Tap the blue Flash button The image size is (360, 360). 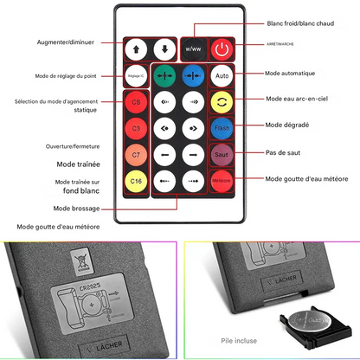[222, 129]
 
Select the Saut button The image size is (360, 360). [222, 155]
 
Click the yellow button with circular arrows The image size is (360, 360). [222, 102]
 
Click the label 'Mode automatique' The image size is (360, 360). [290, 74]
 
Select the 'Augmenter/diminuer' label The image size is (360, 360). [65, 42]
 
